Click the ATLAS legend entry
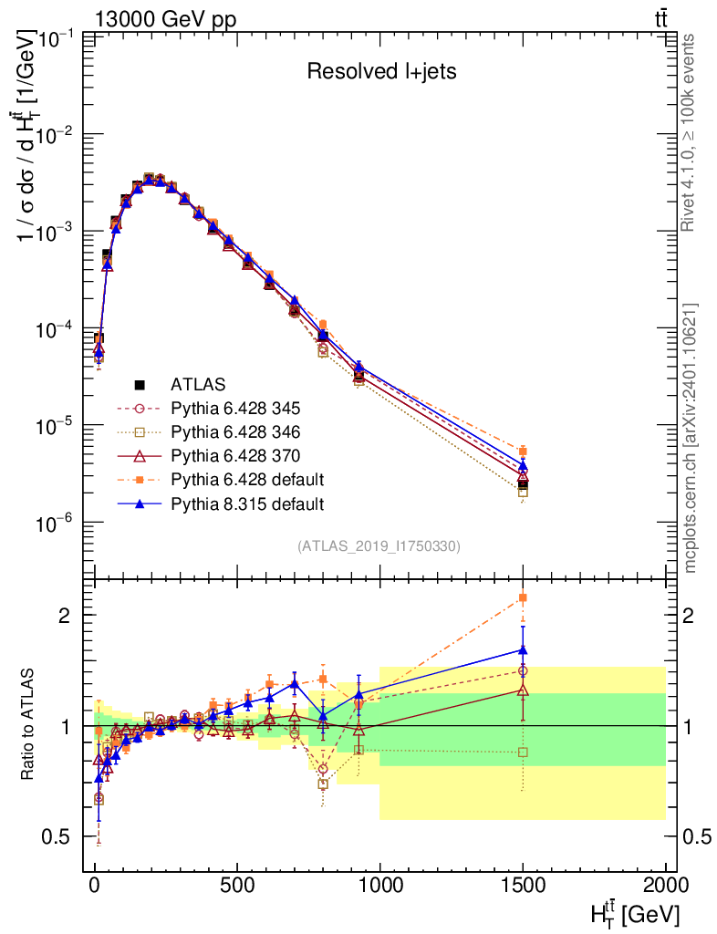point(198,384)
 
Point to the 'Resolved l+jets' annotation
point(381,72)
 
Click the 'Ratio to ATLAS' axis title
point(29,725)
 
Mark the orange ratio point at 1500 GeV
point(523,597)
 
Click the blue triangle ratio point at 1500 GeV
point(523,650)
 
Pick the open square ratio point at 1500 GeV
point(523,752)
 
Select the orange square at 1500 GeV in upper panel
point(523,451)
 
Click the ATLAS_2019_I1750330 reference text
point(379,546)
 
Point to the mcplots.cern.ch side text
point(691,438)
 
